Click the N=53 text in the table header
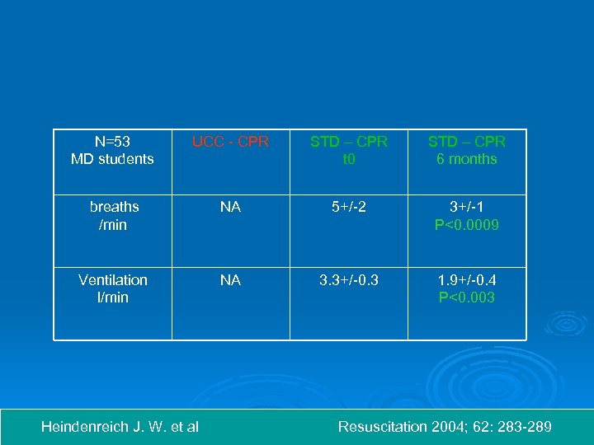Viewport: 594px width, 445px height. (112, 142)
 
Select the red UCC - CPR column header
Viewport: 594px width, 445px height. (230, 142)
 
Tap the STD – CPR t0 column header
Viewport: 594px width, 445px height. (348, 150)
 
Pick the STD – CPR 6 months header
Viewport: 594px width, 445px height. (466, 150)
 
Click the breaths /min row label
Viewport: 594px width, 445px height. (114, 215)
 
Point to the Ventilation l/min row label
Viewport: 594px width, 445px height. (113, 288)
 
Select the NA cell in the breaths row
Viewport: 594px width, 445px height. (230, 207)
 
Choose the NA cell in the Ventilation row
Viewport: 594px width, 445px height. (230, 280)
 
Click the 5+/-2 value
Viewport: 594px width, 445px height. (348, 207)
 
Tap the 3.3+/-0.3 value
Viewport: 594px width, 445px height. (348, 280)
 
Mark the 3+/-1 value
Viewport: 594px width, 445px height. (466, 207)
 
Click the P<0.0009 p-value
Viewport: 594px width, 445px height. (466, 224)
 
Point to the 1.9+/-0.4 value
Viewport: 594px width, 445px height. (466, 280)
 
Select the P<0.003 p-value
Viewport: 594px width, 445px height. (466, 297)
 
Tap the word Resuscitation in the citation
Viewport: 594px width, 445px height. (382, 427)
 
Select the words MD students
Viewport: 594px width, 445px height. (112, 159)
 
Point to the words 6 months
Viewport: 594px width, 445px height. (466, 159)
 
